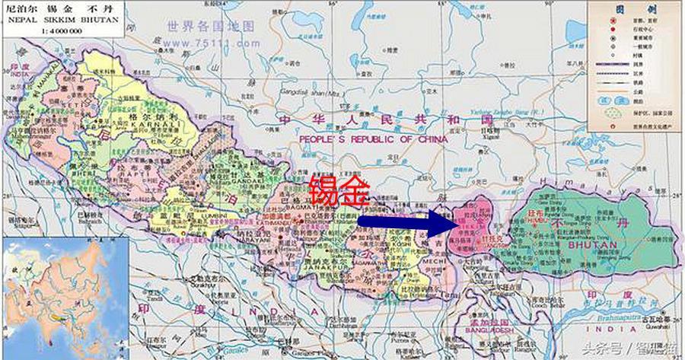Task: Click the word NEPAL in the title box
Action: click(16, 21)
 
